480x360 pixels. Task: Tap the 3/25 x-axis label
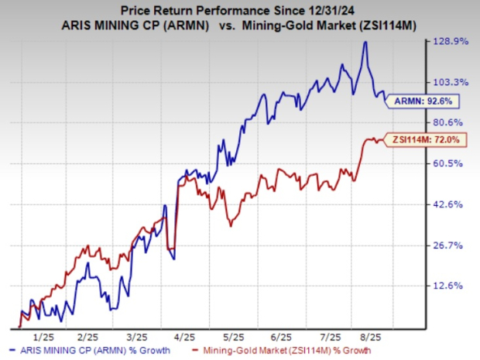[137, 338]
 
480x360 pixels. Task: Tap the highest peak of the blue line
[365, 43]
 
